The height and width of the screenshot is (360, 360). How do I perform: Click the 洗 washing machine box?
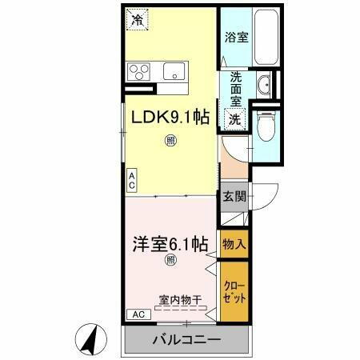[x=235, y=119]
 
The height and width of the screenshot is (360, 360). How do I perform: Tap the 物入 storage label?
[x=234, y=243]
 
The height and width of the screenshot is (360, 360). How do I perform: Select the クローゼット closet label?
[x=234, y=292]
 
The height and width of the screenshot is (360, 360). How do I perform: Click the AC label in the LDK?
[x=130, y=181]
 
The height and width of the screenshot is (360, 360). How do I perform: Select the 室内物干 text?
[x=180, y=300]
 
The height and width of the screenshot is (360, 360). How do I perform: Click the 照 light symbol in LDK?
[x=170, y=142]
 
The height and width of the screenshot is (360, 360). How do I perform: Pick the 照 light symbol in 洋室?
[x=170, y=259]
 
